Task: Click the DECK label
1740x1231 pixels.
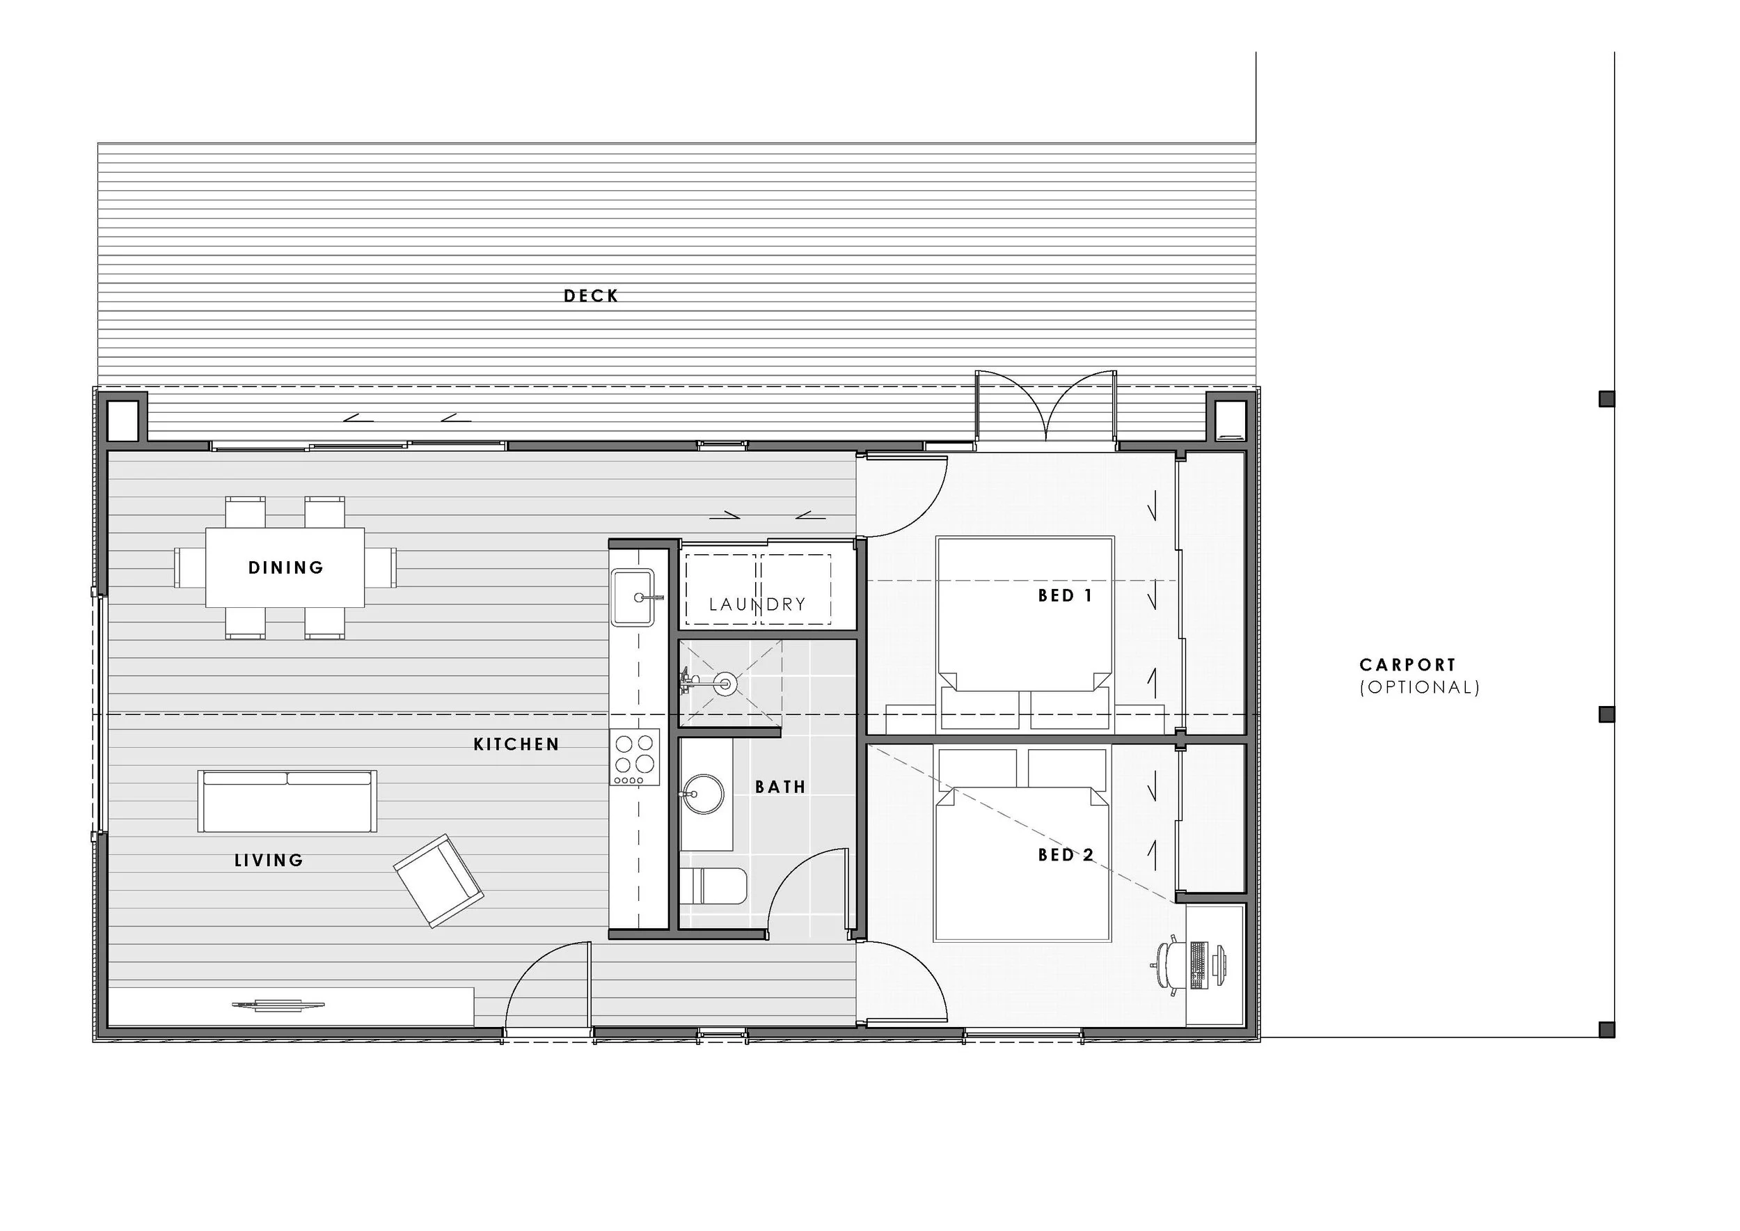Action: [x=590, y=296]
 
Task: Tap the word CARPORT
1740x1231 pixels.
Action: [x=1407, y=665]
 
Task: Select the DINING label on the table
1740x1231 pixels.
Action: [x=285, y=567]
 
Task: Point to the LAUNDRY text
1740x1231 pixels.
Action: [x=757, y=604]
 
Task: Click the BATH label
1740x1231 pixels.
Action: [x=780, y=787]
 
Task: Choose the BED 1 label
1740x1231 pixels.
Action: [x=1065, y=595]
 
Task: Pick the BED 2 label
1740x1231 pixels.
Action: [x=1066, y=854]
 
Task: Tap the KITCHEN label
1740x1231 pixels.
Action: [x=516, y=744]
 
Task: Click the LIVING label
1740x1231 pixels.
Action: [x=268, y=860]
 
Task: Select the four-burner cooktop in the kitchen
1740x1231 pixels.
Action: [x=635, y=756]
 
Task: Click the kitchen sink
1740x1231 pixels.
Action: [x=633, y=597]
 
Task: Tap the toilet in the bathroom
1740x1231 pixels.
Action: [x=713, y=886]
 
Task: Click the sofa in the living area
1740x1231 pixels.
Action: [x=287, y=801]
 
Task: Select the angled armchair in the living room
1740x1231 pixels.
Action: [x=438, y=881]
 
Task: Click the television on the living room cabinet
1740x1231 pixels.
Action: [x=278, y=1006]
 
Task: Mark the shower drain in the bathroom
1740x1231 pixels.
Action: [x=726, y=684]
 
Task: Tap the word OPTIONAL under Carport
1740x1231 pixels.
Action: [x=1419, y=687]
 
